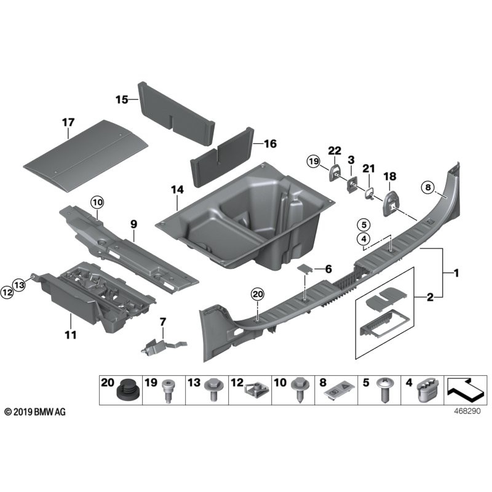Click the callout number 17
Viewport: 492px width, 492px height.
(x=67, y=123)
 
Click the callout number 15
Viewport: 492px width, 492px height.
(x=122, y=99)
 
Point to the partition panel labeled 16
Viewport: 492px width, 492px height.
(x=221, y=157)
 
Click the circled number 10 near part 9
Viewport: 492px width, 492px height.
(x=98, y=201)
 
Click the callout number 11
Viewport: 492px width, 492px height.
(x=70, y=335)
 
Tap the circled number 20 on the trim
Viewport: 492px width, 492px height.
(x=257, y=295)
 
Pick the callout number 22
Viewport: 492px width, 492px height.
(x=335, y=151)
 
